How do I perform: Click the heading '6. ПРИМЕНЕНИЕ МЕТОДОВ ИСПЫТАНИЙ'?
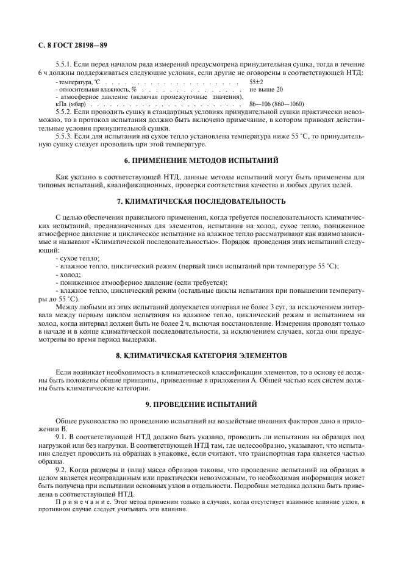[201, 160]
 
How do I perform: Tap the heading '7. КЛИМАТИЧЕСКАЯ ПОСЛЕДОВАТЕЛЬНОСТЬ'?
[201, 201]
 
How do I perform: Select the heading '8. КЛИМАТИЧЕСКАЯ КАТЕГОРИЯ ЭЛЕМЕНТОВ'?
[201, 354]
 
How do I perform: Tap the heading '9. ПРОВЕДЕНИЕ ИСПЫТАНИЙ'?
[201, 403]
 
